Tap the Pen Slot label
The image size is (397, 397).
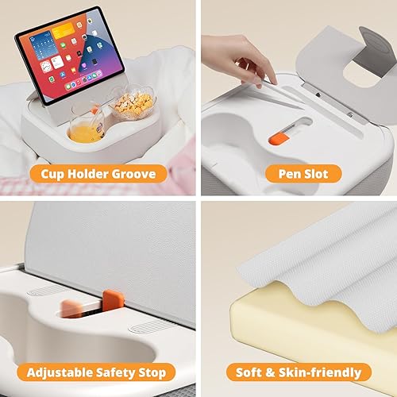pyautogui.click(x=299, y=173)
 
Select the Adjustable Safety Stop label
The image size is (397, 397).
pyautogui.click(x=97, y=371)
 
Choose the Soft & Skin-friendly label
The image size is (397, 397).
pyautogui.click(x=299, y=371)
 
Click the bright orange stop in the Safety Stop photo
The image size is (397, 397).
pyautogui.click(x=113, y=303)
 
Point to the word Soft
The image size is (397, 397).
pyautogui.click(x=250, y=371)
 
